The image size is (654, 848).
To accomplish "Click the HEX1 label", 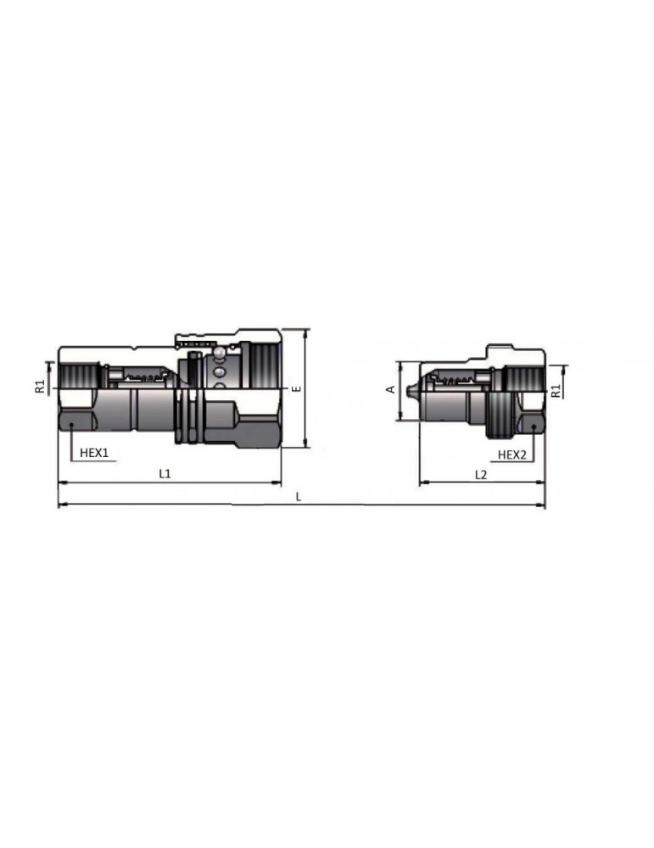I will (94, 454).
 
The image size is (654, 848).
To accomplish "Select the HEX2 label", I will (511, 455).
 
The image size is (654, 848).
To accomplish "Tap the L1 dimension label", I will (165, 474).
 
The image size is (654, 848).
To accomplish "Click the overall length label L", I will (299, 497).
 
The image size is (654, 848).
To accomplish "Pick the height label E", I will (295, 388).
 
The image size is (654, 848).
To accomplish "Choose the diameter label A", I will (390, 389).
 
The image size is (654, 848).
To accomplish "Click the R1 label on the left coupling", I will (39, 388).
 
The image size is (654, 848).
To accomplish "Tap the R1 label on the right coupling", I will (556, 391).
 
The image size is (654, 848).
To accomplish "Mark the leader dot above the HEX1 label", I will (72, 426).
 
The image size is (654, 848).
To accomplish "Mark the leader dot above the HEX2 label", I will (533, 426).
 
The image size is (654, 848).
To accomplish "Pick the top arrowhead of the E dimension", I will (303, 332).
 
